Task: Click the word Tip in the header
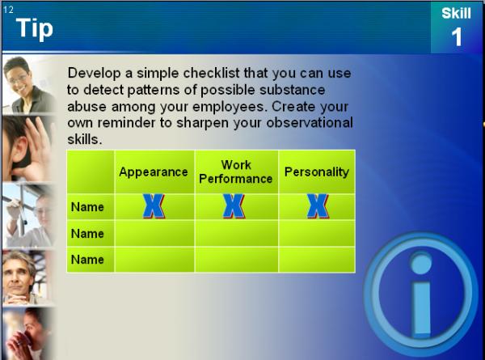(34, 28)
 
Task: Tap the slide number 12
(8, 10)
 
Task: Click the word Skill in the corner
(456, 13)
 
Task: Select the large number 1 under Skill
(457, 37)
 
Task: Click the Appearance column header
(154, 172)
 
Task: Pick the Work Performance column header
(236, 172)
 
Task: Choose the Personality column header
(317, 172)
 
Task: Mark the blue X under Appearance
(154, 206)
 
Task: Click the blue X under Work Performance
(234, 206)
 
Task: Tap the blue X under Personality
(318, 206)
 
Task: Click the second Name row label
(87, 234)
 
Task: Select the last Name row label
(87, 260)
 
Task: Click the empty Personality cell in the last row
(317, 260)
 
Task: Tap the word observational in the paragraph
(310, 123)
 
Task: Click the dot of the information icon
(420, 263)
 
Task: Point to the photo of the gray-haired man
(27, 277)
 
